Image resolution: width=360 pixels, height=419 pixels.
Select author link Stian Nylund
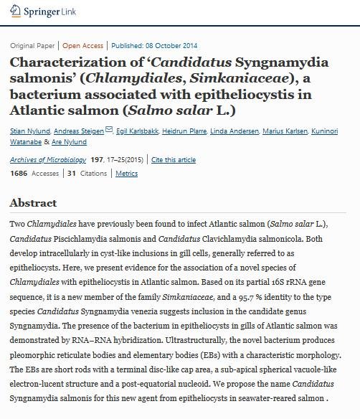[31, 131]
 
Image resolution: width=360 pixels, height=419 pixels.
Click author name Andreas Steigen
[80, 131]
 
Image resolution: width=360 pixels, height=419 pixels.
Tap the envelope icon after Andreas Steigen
[109, 130]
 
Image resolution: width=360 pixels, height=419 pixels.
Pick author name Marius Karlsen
[285, 131]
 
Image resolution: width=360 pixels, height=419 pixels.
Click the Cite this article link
[174, 159]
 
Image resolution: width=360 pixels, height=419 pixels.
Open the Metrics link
[127, 173]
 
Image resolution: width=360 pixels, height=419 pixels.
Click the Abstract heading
[33, 203]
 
